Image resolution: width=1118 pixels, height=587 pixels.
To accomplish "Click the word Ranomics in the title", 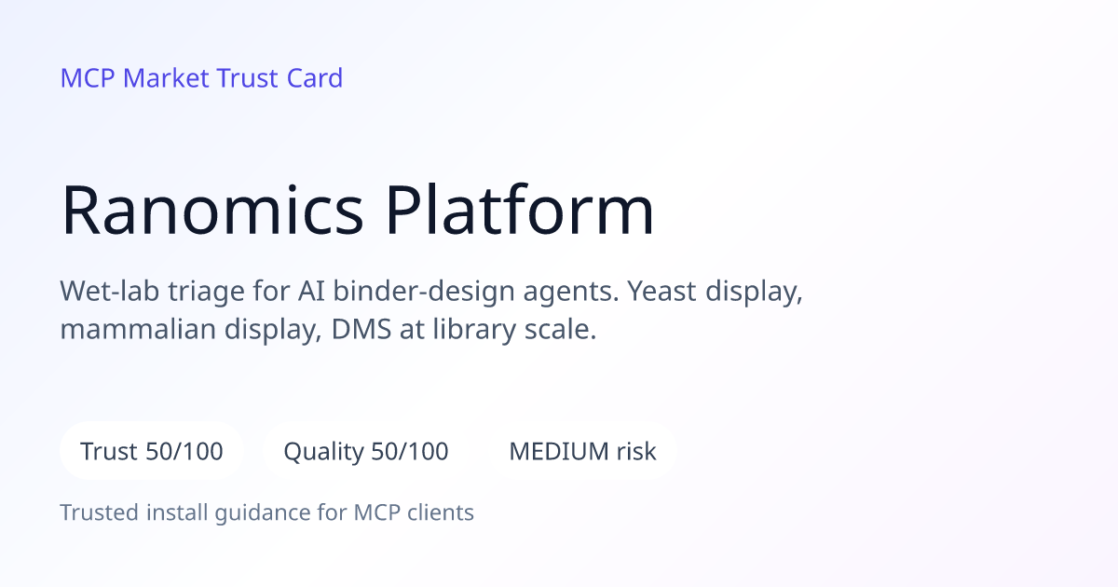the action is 212,210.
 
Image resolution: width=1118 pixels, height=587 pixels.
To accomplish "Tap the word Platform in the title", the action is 520,209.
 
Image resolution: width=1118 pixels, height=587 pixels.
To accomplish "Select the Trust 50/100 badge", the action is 152,451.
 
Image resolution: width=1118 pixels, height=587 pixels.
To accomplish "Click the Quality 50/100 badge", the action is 366,451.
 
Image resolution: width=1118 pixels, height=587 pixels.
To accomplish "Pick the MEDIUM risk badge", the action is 582,451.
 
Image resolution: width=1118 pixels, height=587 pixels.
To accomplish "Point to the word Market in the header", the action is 166,78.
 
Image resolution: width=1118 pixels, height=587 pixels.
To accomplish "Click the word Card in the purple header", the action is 315,78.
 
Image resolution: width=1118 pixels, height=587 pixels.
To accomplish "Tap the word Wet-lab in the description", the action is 109,291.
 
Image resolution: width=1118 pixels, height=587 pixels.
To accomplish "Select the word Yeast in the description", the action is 661,291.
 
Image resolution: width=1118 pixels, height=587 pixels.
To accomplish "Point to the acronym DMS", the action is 361,330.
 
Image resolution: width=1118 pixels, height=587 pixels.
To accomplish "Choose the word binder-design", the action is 424,291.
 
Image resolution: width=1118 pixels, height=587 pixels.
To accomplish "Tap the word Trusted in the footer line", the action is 100,512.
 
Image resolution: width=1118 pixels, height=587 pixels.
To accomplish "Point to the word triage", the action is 206,292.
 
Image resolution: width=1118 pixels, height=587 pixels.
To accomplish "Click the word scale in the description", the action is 560,330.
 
